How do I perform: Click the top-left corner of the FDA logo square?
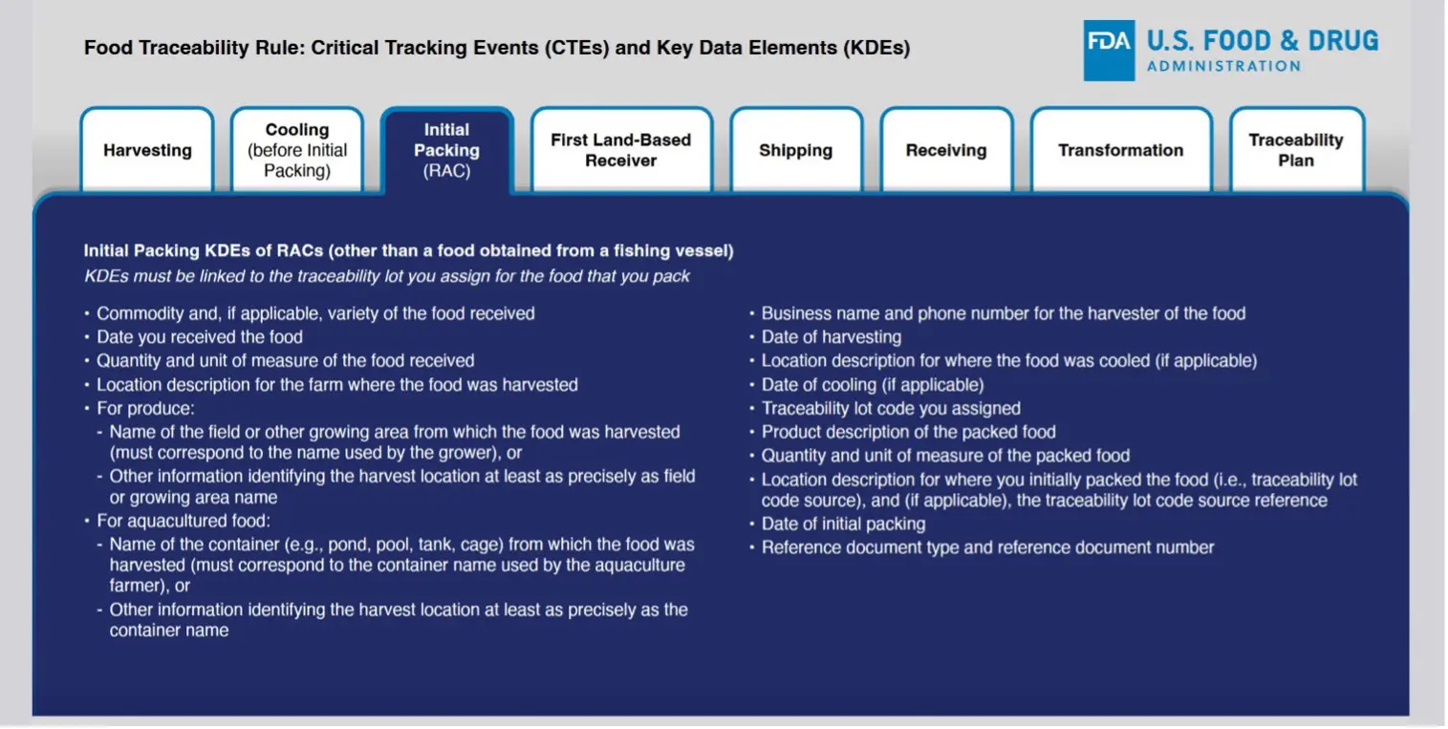(1084, 20)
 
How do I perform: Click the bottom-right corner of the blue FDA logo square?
(1135, 81)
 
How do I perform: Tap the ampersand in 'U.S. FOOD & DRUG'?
(1288, 41)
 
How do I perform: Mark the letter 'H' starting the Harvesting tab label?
(109, 150)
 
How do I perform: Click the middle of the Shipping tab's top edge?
(796, 108)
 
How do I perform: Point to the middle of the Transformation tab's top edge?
(1121, 108)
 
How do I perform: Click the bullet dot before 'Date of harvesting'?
(752, 336)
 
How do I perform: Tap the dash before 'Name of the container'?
(99, 545)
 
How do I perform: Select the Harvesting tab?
(147, 150)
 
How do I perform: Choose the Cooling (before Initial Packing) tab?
(297, 150)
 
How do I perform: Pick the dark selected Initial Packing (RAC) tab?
(447, 150)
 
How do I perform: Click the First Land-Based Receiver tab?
(621, 150)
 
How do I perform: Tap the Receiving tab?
(946, 150)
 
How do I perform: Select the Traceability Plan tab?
(1297, 150)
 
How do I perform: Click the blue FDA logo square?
(1110, 51)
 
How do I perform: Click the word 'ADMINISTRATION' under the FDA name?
(1223, 67)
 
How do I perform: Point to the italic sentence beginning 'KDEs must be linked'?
(387, 276)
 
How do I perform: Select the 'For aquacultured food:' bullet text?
(184, 521)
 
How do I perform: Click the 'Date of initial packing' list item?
(844, 524)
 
